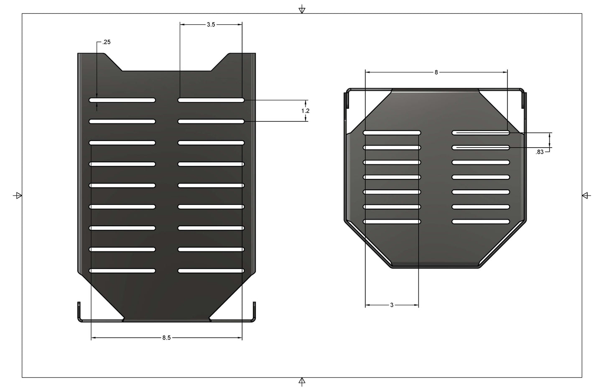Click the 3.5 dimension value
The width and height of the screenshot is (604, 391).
(211, 25)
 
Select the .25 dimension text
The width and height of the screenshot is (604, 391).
(107, 42)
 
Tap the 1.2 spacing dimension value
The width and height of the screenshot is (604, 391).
(306, 111)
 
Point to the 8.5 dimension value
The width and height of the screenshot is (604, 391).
(166, 338)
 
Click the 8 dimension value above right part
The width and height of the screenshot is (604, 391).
(436, 72)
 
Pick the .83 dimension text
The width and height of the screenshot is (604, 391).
(540, 152)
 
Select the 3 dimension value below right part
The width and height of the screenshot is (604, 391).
(392, 305)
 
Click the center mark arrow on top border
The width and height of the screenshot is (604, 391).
(302, 10)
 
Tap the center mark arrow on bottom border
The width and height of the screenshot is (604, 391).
(302, 381)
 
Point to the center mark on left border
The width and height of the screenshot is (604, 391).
(18, 195)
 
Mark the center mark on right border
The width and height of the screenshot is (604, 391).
(586, 195)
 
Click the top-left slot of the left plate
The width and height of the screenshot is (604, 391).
(122, 100)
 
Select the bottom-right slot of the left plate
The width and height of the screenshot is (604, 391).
(211, 271)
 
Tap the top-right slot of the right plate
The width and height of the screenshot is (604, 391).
(481, 133)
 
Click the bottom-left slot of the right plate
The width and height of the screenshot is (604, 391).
(392, 222)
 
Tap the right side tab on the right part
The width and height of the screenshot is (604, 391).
(524, 101)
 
